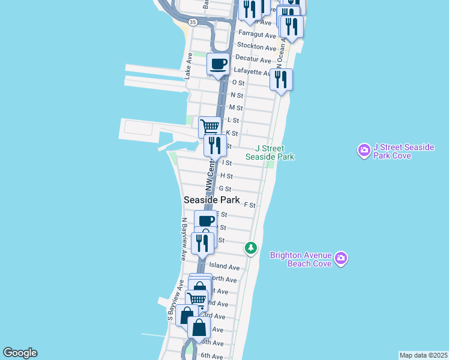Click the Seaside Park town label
[212, 200]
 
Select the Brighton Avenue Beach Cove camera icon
[341, 258]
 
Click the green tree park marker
[251, 247]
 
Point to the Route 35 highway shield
[192, 22]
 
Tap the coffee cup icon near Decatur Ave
[218, 63]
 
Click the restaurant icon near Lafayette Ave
[281, 79]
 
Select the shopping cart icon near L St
[209, 127]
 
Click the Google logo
[20, 353]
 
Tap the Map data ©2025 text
[423, 355]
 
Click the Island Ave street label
[224, 267]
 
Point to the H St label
[226, 176]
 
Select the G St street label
[225, 189]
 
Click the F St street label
[250, 205]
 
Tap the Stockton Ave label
[257, 46]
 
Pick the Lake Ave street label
[188, 66]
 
